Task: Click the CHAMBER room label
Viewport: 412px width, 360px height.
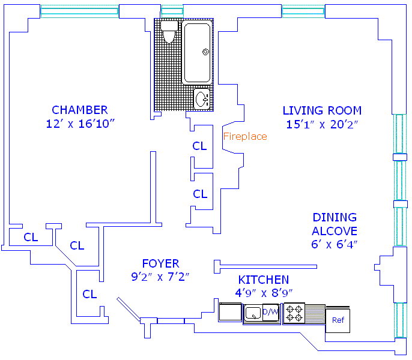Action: [x=80, y=110]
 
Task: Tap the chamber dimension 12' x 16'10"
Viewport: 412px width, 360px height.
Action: [x=80, y=124]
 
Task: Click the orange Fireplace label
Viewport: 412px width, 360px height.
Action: [x=245, y=136]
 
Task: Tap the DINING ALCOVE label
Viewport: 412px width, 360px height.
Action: [x=335, y=224]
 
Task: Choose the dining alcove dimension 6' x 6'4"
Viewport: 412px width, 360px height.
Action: [x=335, y=244]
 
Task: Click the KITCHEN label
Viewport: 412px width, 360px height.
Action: [x=264, y=280]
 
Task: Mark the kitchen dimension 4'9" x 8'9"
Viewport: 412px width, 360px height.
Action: [x=264, y=293]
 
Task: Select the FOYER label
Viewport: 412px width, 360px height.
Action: [x=160, y=263]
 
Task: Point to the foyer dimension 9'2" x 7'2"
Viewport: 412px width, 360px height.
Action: [x=160, y=277]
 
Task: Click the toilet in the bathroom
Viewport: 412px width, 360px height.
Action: [x=168, y=32]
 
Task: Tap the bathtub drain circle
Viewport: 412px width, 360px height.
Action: [x=205, y=52]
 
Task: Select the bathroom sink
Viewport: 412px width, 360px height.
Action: [x=202, y=97]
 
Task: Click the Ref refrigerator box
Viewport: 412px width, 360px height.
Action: [x=338, y=320]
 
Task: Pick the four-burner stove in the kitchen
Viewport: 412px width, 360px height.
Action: [x=294, y=313]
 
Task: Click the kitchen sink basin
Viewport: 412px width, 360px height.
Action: [x=253, y=312]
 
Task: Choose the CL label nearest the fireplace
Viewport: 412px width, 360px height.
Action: [x=199, y=146]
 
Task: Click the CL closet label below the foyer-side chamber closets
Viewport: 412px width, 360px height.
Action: [x=89, y=294]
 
